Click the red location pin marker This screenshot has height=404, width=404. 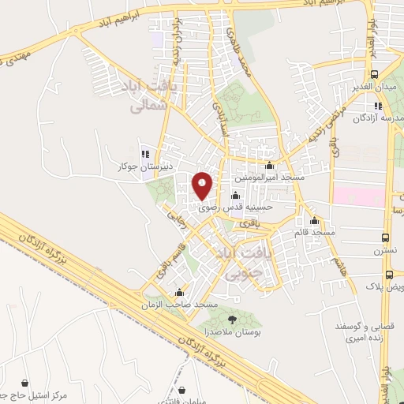[x=204, y=186]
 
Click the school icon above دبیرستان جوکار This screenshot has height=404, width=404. [x=144, y=153]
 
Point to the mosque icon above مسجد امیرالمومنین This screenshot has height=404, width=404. [x=271, y=166]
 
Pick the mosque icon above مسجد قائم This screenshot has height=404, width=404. [x=315, y=220]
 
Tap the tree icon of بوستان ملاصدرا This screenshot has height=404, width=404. [x=232, y=319]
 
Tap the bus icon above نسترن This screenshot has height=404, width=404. [x=386, y=238]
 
